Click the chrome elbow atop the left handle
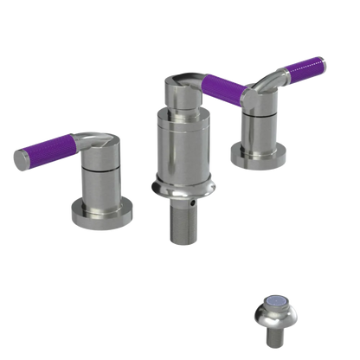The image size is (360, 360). tap(97, 144)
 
